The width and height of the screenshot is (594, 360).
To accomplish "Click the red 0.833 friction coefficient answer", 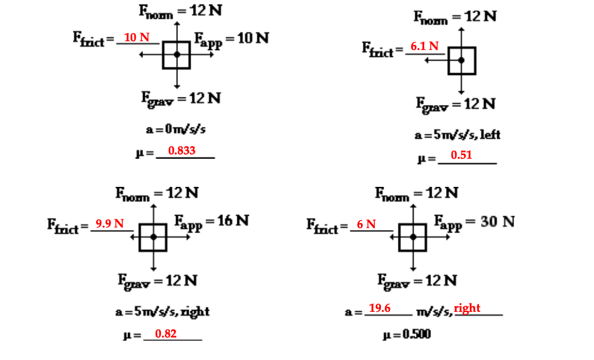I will click(x=181, y=150).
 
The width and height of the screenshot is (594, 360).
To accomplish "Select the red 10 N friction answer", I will click(x=137, y=37).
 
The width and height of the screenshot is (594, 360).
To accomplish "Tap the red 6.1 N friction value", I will click(x=424, y=46).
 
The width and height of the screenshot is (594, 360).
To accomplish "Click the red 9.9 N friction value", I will click(x=109, y=223).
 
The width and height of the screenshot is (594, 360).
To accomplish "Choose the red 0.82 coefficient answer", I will click(x=166, y=334).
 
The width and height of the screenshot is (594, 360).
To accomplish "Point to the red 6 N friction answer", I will click(x=366, y=224).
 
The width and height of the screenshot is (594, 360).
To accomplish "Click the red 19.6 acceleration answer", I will click(x=380, y=308).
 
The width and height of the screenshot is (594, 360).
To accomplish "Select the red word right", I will click(x=467, y=308).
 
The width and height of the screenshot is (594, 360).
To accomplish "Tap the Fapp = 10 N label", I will click(x=231, y=39).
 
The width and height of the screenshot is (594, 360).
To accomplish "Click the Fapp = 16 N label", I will click(x=211, y=221).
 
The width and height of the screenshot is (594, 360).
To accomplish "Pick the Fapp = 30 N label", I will click(x=474, y=222).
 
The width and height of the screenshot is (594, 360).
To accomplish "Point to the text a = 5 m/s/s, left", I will click(x=458, y=134).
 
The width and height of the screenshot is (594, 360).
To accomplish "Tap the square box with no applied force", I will click(x=462, y=60).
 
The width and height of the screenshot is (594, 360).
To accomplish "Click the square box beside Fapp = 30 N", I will click(x=413, y=237).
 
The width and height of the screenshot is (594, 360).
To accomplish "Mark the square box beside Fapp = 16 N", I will click(x=153, y=237).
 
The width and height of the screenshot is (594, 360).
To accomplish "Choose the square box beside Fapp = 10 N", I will click(x=177, y=55).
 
